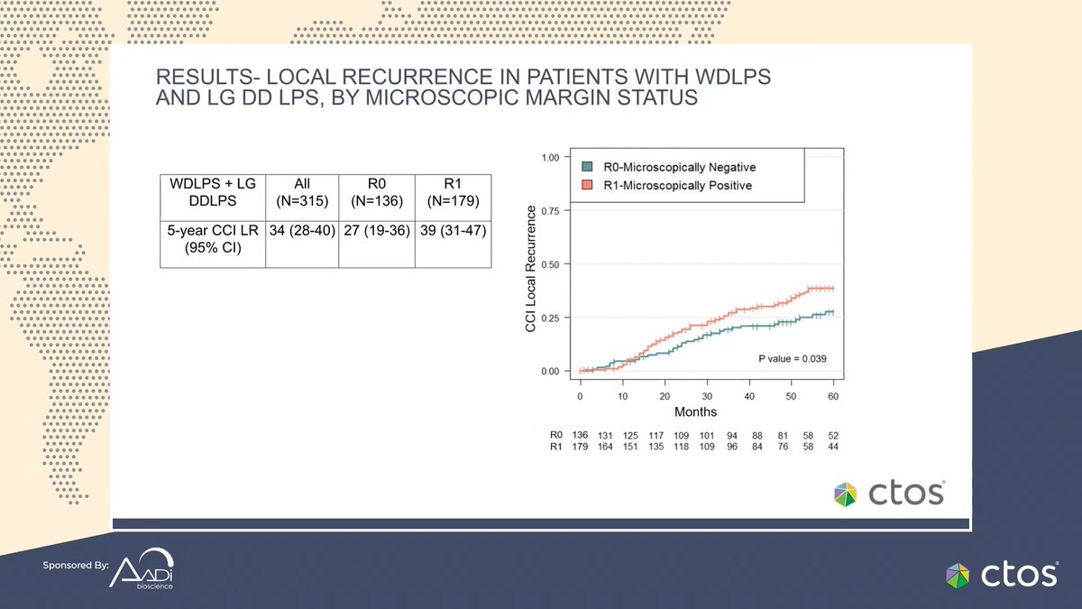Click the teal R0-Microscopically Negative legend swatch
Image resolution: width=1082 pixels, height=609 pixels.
(x=586, y=167)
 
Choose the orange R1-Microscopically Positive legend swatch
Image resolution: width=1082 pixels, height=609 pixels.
(x=586, y=186)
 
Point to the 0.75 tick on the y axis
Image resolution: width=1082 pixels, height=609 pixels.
(x=561, y=210)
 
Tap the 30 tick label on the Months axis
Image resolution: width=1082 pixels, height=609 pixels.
(x=707, y=396)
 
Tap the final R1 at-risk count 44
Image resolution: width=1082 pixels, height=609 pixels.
(x=835, y=446)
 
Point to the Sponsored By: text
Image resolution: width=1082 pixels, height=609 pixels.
(x=75, y=566)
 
